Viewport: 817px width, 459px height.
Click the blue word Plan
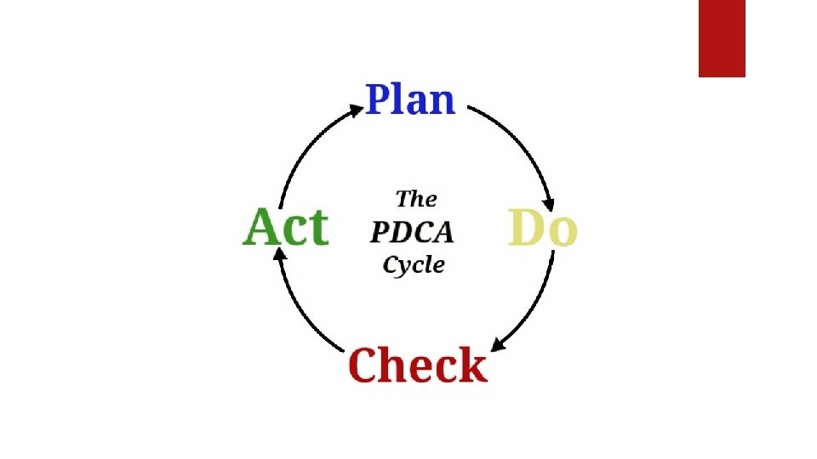tap(411, 99)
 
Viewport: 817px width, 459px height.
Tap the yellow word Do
tap(543, 228)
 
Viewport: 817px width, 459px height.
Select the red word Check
tap(417, 365)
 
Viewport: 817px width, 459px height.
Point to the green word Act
tap(286, 228)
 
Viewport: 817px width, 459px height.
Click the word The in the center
tap(416, 200)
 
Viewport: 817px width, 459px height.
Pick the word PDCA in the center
tap(412, 231)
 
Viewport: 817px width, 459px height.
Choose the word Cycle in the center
tap(414, 264)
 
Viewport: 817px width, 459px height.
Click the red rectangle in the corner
tap(722, 38)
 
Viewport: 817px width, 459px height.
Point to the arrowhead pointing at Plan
tap(357, 109)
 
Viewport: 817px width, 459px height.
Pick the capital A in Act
tap(262, 228)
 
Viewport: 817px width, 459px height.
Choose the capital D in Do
tap(526, 228)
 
